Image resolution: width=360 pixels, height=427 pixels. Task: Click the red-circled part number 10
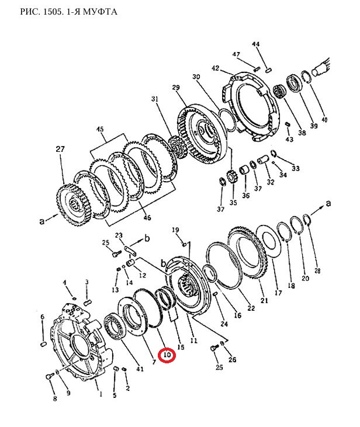point(167,355)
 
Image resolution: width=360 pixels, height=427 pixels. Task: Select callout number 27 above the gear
point(60,149)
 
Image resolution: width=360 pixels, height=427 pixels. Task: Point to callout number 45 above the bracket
point(101,129)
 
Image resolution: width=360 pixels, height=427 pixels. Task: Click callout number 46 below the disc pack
point(147,217)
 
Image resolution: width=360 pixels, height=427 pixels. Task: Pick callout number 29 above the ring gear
point(176,88)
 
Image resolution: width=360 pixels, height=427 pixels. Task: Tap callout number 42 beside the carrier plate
point(215,68)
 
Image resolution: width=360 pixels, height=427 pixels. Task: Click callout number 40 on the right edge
point(324,119)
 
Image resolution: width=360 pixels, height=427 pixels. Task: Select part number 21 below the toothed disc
point(264,300)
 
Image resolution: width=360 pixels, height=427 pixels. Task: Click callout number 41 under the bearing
point(140,369)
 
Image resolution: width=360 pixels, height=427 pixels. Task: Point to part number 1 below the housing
point(101,394)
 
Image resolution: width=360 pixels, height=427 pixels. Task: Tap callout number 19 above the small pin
point(175,230)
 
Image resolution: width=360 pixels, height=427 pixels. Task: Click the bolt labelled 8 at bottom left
point(49,377)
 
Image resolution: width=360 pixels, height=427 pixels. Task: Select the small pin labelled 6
point(43,344)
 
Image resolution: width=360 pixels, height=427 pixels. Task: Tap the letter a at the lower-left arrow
point(41,221)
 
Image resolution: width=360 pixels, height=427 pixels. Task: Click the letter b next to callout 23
point(147,239)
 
